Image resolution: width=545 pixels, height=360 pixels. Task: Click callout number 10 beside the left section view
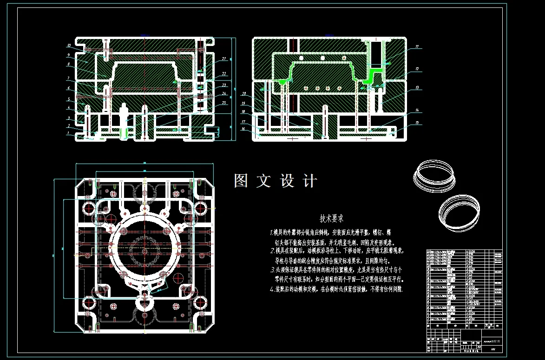[68, 46]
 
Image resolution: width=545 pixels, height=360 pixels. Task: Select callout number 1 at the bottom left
[68, 133]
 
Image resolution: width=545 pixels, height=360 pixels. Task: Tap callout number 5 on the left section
[68, 99]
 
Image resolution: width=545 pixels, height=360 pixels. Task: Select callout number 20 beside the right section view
[243, 93]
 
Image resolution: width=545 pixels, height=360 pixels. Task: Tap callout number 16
[243, 129]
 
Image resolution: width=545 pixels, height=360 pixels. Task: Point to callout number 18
[243, 111]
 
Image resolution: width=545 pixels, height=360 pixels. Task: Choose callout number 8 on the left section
[68, 64]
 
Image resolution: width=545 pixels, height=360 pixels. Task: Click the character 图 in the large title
[241, 181]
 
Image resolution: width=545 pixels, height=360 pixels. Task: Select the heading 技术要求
[331, 218]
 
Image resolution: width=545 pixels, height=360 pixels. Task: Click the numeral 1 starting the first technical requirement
[272, 232]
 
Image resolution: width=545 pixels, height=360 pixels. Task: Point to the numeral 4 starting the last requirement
[272, 289]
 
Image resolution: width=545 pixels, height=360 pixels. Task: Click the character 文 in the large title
[264, 181]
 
